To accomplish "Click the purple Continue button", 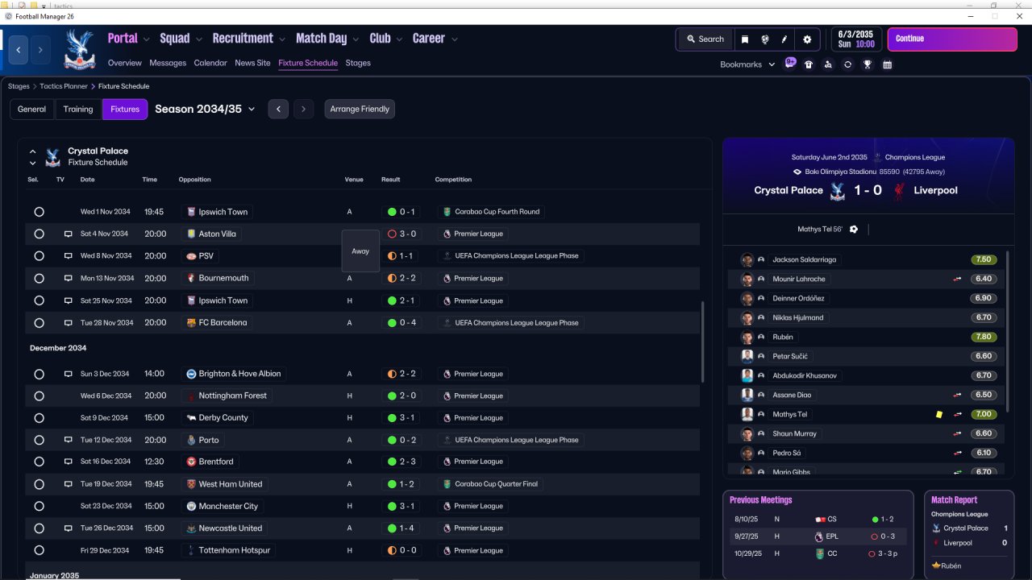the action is (952, 39).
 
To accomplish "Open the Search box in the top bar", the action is (705, 39).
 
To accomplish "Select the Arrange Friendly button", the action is (360, 109).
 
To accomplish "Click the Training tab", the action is (78, 109).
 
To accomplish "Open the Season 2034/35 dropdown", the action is (205, 109).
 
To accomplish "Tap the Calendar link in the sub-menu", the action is (210, 63).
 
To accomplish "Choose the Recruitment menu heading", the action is (243, 38).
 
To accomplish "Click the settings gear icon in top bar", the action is (807, 39).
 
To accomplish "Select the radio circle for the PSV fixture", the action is (40, 256).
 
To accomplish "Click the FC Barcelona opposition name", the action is (223, 323).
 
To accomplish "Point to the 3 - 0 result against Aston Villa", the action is (407, 234).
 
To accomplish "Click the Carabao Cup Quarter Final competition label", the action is (496, 484).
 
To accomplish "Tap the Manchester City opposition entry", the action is (228, 506).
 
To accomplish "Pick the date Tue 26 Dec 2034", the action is (106, 528).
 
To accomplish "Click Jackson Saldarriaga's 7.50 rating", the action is (983, 259).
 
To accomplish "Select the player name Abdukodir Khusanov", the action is (805, 375).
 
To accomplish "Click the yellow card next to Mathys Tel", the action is (939, 414).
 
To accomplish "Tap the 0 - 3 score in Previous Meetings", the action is (888, 536).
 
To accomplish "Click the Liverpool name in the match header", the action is (935, 190).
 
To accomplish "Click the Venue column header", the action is (354, 180).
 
